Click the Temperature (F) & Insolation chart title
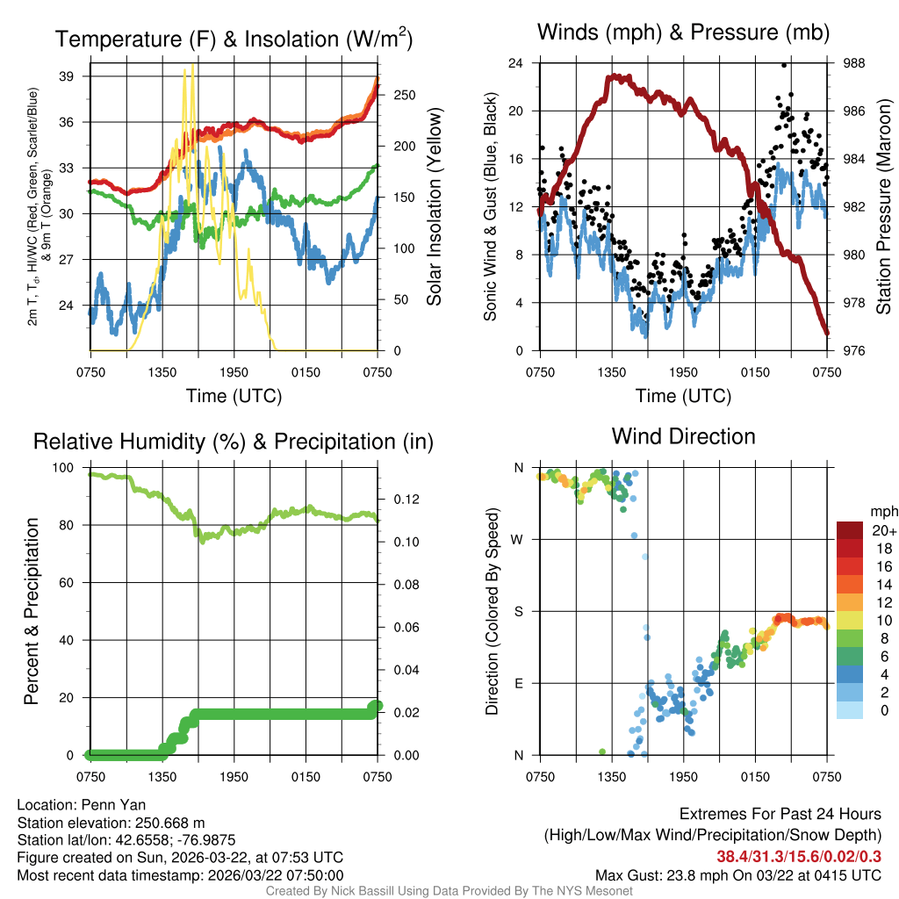(x=234, y=40)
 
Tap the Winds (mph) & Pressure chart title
(x=683, y=33)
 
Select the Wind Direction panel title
(x=683, y=436)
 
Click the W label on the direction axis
(x=518, y=539)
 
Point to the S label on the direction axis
(x=519, y=611)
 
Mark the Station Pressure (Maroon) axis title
(x=884, y=207)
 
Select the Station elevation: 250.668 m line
(x=111, y=823)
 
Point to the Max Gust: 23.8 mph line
(x=737, y=874)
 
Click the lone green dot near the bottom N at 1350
(x=601, y=752)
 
